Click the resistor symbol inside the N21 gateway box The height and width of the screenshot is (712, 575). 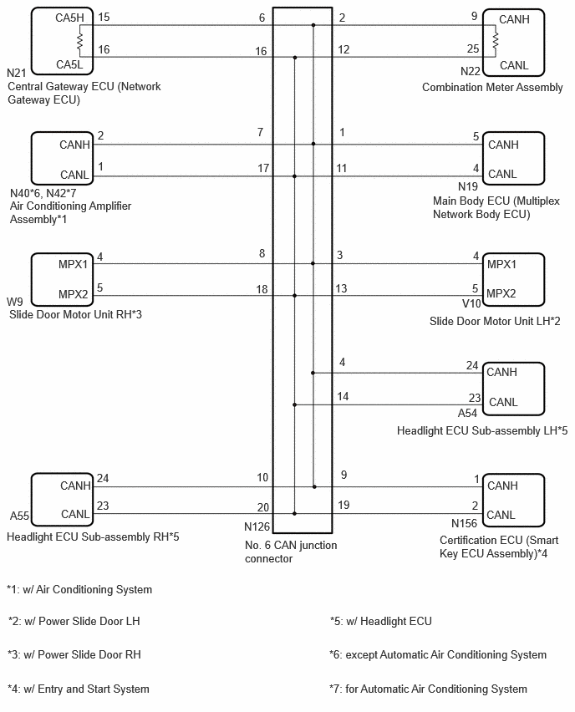pos(80,42)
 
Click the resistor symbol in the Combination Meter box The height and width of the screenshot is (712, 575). pos(496,41)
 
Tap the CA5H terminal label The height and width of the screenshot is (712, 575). pos(69,18)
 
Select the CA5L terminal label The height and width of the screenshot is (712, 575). pos(69,64)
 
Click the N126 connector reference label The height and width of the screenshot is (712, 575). pos(257,526)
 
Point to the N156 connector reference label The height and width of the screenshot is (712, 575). pos(464,524)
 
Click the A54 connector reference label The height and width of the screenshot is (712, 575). pos(467,413)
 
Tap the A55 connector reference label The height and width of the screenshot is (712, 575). pos(19,516)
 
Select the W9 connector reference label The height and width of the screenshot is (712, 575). pos(14,302)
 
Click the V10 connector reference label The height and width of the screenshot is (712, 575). pos(471,303)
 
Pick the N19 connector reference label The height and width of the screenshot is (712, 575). pos(467,186)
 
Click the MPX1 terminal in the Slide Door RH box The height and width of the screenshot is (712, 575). pos(73,264)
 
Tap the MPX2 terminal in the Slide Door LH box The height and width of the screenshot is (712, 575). pos(501,294)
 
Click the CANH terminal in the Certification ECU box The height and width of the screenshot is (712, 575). pos(502,486)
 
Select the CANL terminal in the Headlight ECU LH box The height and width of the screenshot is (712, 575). pos(503,402)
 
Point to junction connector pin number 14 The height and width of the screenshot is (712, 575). pos(343,396)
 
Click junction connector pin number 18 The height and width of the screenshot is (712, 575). pos(262,289)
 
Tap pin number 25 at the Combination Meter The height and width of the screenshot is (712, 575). pos(473,48)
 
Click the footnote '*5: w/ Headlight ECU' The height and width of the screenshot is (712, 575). pos(380,621)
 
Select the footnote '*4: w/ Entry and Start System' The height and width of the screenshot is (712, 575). pos(78,689)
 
